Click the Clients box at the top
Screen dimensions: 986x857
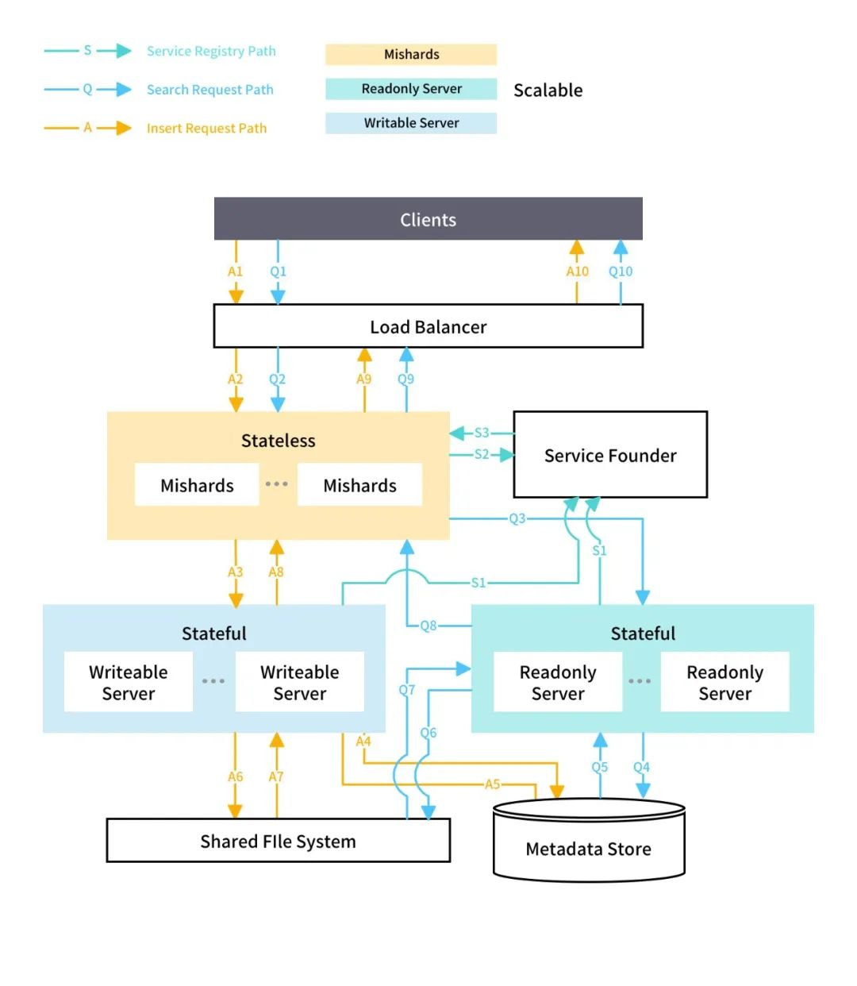click(428, 219)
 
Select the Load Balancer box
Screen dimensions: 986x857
click(428, 326)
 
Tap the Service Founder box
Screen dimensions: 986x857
click(610, 455)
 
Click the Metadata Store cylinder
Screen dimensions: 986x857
click(588, 848)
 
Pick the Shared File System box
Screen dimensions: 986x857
click(278, 841)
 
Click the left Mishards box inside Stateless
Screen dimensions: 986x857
click(197, 485)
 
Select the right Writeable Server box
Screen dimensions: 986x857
click(299, 682)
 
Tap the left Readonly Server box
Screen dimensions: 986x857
click(557, 682)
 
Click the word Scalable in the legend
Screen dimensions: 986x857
click(548, 90)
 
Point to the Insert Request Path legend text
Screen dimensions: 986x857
click(206, 128)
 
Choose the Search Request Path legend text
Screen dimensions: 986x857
click(209, 90)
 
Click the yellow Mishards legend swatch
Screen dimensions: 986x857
click(411, 54)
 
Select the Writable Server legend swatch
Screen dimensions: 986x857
click(411, 123)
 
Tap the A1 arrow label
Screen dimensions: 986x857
click(236, 272)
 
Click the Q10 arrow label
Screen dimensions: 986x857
click(621, 272)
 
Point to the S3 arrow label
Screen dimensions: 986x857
click(482, 433)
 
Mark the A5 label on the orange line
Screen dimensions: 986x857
click(492, 784)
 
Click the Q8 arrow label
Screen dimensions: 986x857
click(428, 626)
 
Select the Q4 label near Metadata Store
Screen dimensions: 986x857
click(641, 767)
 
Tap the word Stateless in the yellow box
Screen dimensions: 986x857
click(278, 441)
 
